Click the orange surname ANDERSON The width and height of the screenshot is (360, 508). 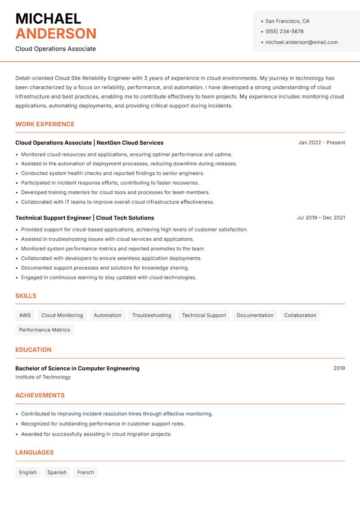click(56, 34)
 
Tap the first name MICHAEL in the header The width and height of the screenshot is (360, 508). click(48, 18)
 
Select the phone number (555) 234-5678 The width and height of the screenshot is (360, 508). click(284, 31)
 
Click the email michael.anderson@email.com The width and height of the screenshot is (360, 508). click(301, 42)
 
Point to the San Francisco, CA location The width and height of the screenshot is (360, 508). click(287, 21)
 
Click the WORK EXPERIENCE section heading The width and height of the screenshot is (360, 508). click(45, 124)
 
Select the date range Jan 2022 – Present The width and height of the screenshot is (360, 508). click(321, 143)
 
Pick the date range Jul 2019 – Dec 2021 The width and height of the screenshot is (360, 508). click(321, 218)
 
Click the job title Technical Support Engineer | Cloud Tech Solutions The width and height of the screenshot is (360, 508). click(85, 218)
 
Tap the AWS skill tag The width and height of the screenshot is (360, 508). click(25, 315)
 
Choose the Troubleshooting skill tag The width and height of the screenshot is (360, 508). click(152, 315)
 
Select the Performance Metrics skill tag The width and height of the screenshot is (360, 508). click(45, 330)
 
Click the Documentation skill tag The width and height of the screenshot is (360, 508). click(255, 315)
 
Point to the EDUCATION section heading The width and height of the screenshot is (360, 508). click(33, 350)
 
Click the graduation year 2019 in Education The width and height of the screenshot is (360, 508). click(339, 368)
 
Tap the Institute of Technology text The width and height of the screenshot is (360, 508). click(43, 377)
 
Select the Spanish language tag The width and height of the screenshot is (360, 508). click(57, 472)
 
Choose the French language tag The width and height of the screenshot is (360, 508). click(85, 472)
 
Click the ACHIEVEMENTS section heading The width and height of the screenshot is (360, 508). click(40, 396)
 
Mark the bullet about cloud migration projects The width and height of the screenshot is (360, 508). click(96, 434)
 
